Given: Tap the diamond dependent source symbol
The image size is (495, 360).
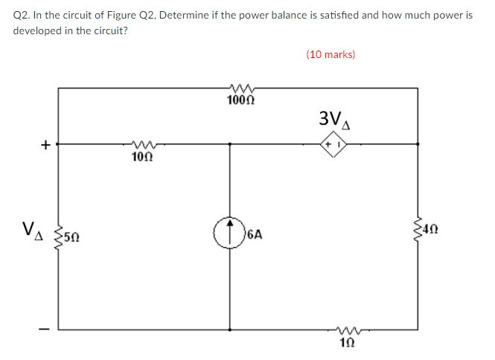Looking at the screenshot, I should [332, 144].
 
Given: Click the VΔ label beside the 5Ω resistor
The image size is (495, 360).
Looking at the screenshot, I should [33, 229].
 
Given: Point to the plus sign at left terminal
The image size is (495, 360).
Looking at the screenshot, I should [46, 145].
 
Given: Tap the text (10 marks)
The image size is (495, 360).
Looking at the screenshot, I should [330, 54].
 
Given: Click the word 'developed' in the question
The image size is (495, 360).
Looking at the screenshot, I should [38, 30].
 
